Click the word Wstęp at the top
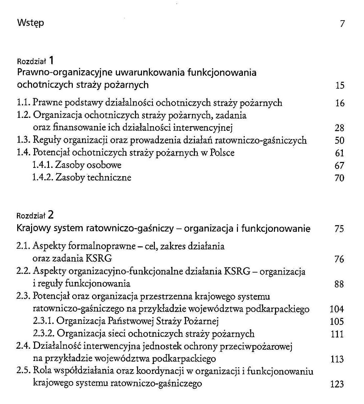tap(30, 23)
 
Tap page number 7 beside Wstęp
tap(342, 24)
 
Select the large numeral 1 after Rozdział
tap(51, 60)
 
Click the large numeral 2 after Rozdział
tap(51, 215)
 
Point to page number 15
tap(340, 86)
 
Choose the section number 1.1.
tap(24, 103)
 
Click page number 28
tap(340, 128)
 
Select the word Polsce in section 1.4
tap(222, 153)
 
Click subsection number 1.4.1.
tap(43, 165)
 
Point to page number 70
tap(340, 178)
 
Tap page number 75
tap(339, 229)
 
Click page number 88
tap(339, 284)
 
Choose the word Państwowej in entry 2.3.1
tap(128, 321)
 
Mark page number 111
tap(337, 334)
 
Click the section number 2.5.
tap(24, 371)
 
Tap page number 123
tap(337, 384)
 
